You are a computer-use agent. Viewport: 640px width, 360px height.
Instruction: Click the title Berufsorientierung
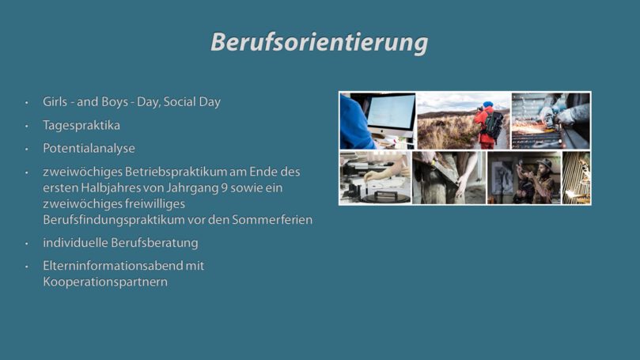(319, 43)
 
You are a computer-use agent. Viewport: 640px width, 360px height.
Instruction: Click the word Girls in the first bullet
(55, 101)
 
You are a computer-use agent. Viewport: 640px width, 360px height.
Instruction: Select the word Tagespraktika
(81, 125)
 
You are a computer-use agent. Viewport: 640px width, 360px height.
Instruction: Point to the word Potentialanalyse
(89, 148)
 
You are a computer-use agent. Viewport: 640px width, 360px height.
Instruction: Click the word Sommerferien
(272, 220)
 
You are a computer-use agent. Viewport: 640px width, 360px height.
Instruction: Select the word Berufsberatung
(154, 243)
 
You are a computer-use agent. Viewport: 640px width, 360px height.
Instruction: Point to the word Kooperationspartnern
(105, 282)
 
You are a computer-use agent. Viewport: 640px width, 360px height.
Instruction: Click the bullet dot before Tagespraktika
(27, 126)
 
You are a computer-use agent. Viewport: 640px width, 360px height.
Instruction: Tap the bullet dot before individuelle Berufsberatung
(27, 244)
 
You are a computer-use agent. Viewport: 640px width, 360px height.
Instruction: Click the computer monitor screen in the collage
(391, 112)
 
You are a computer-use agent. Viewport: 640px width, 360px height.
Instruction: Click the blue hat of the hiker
(488, 104)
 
